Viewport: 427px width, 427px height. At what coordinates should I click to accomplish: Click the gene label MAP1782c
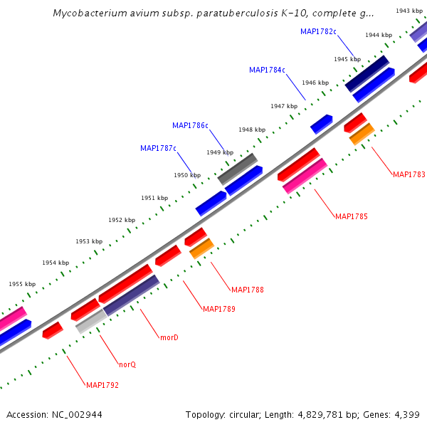(318, 31)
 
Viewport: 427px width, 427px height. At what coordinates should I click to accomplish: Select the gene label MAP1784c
(267, 70)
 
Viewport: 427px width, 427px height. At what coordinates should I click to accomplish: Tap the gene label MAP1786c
(190, 125)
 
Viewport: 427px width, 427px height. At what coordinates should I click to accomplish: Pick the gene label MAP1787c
(158, 148)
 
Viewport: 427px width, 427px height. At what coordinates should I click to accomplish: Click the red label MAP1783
(409, 174)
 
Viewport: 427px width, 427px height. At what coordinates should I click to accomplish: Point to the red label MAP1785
(352, 216)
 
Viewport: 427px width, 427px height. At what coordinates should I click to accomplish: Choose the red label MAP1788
(248, 290)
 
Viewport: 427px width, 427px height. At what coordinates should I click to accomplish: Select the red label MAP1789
(219, 309)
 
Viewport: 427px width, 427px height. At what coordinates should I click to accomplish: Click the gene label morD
(169, 337)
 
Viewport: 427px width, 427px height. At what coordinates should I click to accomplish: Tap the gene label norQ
(127, 364)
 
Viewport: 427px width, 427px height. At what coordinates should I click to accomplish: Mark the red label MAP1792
(102, 385)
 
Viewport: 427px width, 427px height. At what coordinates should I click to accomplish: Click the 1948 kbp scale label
(252, 130)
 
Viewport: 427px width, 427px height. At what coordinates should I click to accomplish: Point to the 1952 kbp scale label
(122, 220)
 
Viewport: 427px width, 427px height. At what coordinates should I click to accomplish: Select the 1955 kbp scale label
(22, 283)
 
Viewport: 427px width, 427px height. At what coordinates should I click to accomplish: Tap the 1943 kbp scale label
(409, 11)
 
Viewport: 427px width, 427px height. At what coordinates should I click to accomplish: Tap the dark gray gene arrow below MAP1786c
(237, 169)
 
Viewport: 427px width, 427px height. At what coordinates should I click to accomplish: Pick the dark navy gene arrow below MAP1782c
(367, 73)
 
